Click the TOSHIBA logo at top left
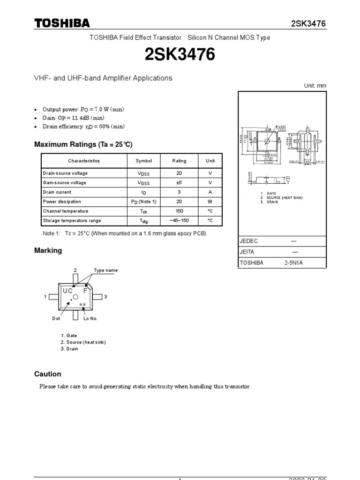(62, 24)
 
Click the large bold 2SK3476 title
(180, 56)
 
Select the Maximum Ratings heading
(80, 144)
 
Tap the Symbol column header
(144, 161)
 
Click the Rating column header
(179, 161)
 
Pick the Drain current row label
(57, 192)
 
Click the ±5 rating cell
(179, 183)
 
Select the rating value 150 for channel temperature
(179, 211)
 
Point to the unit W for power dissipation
(210, 202)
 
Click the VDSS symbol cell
(144, 173)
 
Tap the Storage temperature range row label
(72, 220)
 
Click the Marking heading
(48, 251)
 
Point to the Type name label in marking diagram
(106, 270)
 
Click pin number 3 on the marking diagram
(106, 297)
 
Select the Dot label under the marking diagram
(56, 319)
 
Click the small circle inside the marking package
(75, 297)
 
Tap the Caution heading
(48, 374)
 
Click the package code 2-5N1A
(294, 263)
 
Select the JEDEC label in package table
(249, 241)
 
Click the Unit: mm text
(315, 86)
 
